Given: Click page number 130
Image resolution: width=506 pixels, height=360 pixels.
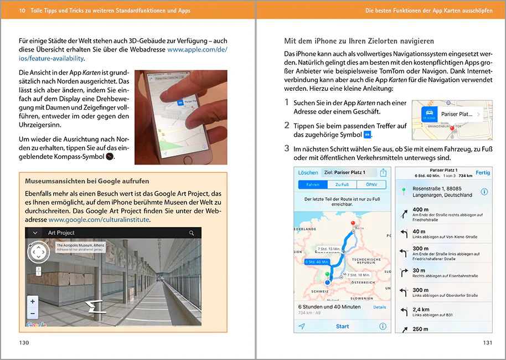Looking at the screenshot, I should (x=24, y=343).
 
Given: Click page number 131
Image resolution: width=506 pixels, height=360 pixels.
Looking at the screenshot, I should (x=487, y=343).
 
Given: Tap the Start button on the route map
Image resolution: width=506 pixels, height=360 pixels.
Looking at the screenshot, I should (x=342, y=326).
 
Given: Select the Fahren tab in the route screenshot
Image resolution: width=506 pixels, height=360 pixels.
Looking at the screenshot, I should (x=312, y=185).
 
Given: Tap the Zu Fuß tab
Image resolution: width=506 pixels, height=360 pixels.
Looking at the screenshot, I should (x=342, y=185).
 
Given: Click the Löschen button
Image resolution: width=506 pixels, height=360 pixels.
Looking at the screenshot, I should (x=308, y=173).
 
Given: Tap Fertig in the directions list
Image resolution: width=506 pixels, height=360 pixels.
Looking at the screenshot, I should (x=482, y=173).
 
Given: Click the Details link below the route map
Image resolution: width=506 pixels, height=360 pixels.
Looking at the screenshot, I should (x=379, y=307).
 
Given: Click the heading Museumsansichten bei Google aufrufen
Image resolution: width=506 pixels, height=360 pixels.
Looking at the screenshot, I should (x=87, y=181).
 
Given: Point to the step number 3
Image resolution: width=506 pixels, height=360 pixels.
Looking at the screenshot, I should (x=287, y=148).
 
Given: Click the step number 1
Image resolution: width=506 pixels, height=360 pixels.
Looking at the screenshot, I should (x=286, y=102).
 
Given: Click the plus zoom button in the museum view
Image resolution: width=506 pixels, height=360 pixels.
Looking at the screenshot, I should (x=33, y=301).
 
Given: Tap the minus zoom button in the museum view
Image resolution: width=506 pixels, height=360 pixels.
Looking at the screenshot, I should (x=33, y=313).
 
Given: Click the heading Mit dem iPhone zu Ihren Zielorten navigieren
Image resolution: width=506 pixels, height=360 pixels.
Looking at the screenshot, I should (x=359, y=41).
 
